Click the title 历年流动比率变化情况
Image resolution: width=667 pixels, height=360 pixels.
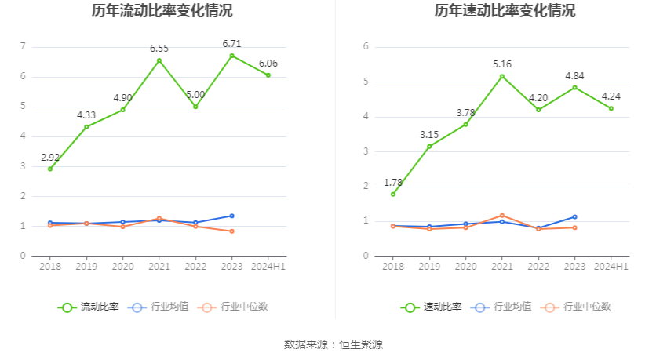pyautogui.click(x=162, y=11)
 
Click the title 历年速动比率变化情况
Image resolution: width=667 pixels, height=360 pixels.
pyautogui.click(x=505, y=11)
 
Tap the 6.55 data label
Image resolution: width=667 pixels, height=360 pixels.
pyautogui.click(x=159, y=49)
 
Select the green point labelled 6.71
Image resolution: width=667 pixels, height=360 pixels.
pyautogui.click(x=231, y=56)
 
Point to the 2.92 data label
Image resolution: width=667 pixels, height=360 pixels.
pyautogui.click(x=50, y=157)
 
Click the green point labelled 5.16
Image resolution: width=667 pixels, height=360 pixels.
pyautogui.click(x=502, y=76)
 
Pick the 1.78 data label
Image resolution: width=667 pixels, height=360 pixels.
pyautogui.click(x=393, y=183)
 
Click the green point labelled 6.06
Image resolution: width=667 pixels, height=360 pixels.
pyautogui.click(x=268, y=75)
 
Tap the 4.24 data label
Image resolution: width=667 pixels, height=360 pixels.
pyautogui.click(x=611, y=96)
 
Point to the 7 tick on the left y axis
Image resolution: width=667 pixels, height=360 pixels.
pyautogui.click(x=24, y=46)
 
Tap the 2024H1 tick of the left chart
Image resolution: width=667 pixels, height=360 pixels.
pyautogui.click(x=268, y=267)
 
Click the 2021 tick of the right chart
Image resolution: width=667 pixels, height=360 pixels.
pyautogui.click(x=502, y=267)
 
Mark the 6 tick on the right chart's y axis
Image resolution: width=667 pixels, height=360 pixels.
pyautogui.click(x=366, y=46)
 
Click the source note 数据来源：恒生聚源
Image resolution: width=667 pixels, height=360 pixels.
pyautogui.click(x=333, y=344)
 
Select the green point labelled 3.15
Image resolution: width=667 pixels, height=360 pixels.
pyautogui.click(x=429, y=147)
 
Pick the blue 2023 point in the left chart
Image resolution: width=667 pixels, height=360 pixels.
pyautogui.click(x=231, y=216)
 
